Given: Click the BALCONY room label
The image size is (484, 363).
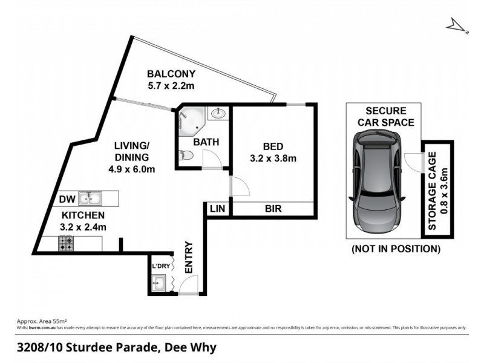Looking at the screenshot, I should [x=171, y=74].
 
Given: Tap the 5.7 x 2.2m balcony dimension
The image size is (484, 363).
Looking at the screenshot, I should [x=171, y=87].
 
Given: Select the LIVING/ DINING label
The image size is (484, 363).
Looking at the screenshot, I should [x=132, y=151].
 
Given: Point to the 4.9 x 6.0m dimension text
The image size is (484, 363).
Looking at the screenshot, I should [x=132, y=169].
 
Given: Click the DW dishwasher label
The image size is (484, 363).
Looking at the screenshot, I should [x=67, y=198].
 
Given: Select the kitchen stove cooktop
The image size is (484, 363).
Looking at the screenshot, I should [x=65, y=244].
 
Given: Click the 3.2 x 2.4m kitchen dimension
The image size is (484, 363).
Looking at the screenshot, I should [x=83, y=227].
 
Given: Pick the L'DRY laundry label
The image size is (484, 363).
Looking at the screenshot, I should [x=160, y=266].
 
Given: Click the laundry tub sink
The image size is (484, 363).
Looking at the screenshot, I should [x=160, y=283].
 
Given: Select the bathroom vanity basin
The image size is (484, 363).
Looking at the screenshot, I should [x=217, y=114].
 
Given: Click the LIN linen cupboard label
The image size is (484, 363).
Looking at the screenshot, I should [x=217, y=208].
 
